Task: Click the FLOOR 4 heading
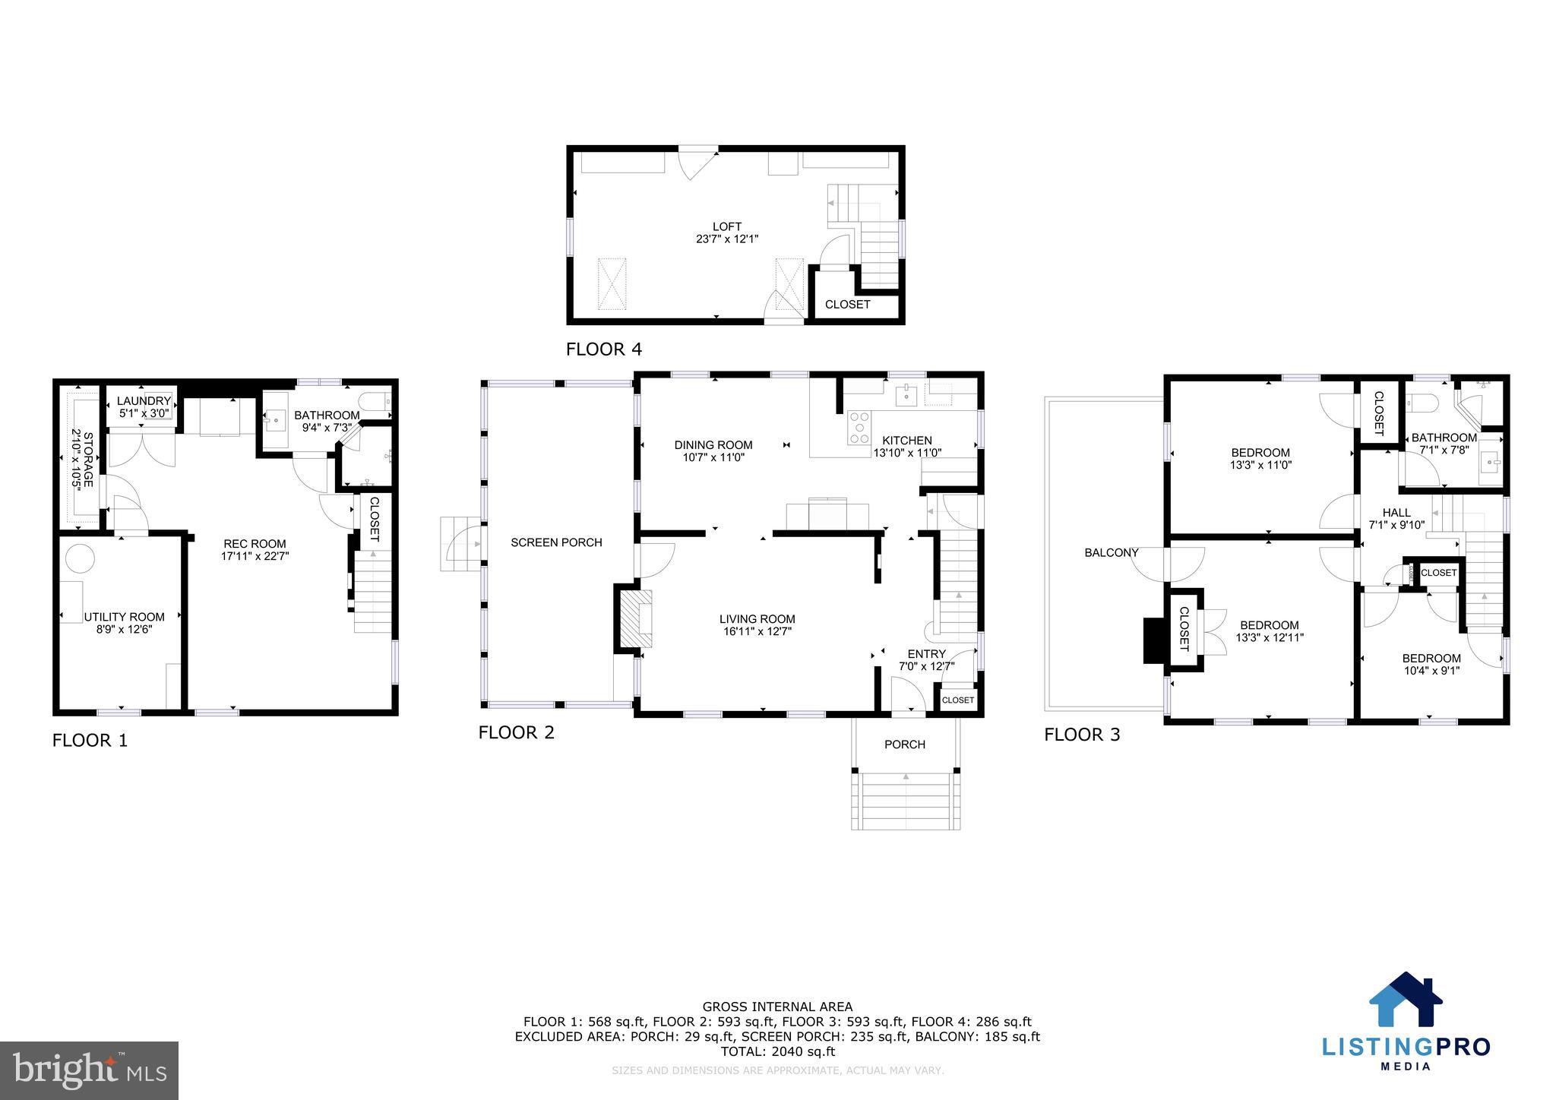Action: click(x=603, y=349)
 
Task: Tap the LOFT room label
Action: click(x=726, y=226)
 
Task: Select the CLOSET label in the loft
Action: click(x=847, y=305)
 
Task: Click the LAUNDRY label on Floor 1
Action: click(x=144, y=401)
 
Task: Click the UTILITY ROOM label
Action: click(x=124, y=617)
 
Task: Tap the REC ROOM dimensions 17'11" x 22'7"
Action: click(x=255, y=556)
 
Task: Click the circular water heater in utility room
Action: click(x=80, y=558)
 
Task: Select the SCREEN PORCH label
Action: click(x=556, y=542)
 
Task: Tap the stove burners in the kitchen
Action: click(x=859, y=427)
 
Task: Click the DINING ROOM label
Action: click(x=713, y=445)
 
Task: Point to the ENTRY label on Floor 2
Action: click(x=926, y=654)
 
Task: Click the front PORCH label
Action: click(x=904, y=744)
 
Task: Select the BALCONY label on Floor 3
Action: click(x=1111, y=553)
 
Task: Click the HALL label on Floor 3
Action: click(x=1396, y=513)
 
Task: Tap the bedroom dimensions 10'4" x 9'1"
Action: click(x=1431, y=671)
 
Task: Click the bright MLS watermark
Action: click(x=89, y=1071)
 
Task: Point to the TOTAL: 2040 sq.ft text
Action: click(x=777, y=1051)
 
